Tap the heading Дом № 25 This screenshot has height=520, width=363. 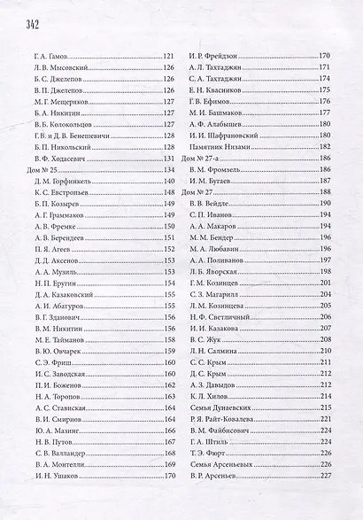click(x=43, y=168)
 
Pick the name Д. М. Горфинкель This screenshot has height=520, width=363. click(x=62, y=180)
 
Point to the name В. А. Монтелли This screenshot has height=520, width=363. click(x=60, y=463)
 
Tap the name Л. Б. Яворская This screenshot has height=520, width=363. click(x=217, y=270)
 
